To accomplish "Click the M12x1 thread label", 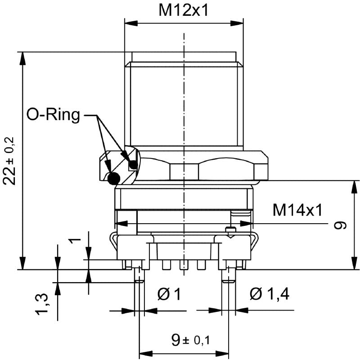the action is (184, 10).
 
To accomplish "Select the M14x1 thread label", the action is (297, 210).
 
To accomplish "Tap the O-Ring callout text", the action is (53, 115).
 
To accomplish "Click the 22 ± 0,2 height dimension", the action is (9, 161).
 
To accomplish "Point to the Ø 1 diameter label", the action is (169, 294).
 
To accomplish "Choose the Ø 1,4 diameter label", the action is (270, 294).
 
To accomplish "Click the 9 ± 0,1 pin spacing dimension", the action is (190, 340).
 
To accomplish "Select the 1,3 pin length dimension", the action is (42, 304).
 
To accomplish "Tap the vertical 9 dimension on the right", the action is (340, 226).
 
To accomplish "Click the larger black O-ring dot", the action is (114, 178).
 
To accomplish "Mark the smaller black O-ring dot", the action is (133, 165).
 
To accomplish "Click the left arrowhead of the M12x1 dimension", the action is (131, 23).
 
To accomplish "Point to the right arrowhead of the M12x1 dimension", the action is (237, 23).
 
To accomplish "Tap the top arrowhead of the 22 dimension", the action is (22, 58).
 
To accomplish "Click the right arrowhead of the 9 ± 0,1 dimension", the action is (222, 354).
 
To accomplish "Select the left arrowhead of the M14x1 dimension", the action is (121, 223).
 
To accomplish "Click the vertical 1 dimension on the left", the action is (75, 241).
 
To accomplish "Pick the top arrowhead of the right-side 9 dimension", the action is (355, 187).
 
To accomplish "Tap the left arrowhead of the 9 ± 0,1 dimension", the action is (146, 354).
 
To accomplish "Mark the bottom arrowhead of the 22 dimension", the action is (22, 263).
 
